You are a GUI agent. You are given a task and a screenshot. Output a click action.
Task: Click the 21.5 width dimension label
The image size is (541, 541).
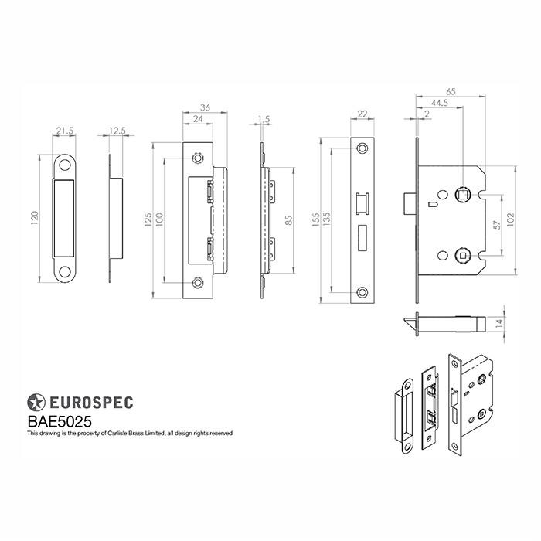(x=65, y=131)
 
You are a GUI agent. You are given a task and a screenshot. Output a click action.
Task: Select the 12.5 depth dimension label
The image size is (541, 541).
(x=117, y=131)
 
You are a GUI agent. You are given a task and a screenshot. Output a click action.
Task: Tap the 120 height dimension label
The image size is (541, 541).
(x=35, y=218)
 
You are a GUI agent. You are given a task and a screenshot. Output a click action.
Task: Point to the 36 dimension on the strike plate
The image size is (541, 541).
(x=205, y=107)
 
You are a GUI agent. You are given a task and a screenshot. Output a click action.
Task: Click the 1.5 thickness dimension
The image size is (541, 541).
(x=264, y=119)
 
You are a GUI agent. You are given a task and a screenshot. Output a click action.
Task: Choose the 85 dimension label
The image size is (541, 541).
(x=289, y=220)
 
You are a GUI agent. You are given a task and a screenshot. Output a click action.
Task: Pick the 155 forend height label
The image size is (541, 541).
(x=315, y=219)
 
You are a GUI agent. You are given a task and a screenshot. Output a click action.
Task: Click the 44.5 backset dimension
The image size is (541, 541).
(x=440, y=103)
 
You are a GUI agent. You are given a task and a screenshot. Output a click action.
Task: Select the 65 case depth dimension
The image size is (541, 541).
(x=451, y=91)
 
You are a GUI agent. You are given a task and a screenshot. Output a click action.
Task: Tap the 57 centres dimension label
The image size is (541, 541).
(x=497, y=225)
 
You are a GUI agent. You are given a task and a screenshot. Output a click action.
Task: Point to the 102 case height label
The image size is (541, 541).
(x=510, y=219)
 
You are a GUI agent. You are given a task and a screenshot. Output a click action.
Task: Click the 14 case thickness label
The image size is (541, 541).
(x=499, y=323)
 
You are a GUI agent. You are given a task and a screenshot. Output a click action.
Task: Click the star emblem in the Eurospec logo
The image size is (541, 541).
(x=36, y=403)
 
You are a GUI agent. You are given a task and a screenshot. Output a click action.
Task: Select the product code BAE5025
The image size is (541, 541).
(x=60, y=422)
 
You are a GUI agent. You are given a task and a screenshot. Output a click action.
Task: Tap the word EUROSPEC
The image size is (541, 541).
(x=91, y=403)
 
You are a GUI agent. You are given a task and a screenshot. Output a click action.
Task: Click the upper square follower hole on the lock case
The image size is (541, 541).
(x=461, y=195)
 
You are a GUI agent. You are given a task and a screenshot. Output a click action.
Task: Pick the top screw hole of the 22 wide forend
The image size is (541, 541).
(x=362, y=148)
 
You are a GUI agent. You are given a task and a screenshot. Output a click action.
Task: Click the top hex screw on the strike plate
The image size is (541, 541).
(x=197, y=158)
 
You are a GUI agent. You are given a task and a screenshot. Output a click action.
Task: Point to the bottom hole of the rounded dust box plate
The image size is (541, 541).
(x=64, y=271)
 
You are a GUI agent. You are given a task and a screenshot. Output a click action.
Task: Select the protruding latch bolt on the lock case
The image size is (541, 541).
(x=410, y=203)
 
